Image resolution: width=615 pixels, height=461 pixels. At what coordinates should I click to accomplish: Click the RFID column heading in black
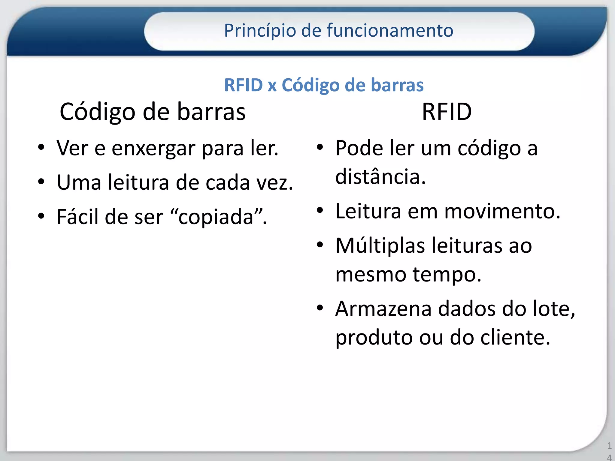coord(447,112)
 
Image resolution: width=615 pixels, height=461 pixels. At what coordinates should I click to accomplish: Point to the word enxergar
coord(153,149)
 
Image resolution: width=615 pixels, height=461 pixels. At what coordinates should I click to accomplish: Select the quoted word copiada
coord(216,217)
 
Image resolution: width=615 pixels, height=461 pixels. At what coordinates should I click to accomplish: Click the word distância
coord(380,177)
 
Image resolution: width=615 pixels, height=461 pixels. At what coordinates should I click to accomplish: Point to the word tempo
coord(447,274)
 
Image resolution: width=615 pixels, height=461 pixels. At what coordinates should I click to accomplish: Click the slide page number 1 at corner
coord(609,446)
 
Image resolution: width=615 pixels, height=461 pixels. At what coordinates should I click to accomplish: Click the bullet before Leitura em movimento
coord(320,211)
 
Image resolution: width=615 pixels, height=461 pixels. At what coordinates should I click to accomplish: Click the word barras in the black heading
coord(211,112)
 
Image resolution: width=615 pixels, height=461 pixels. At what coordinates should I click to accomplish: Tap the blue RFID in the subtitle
coord(243,85)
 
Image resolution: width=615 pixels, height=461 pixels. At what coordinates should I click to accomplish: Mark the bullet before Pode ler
coord(320,147)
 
